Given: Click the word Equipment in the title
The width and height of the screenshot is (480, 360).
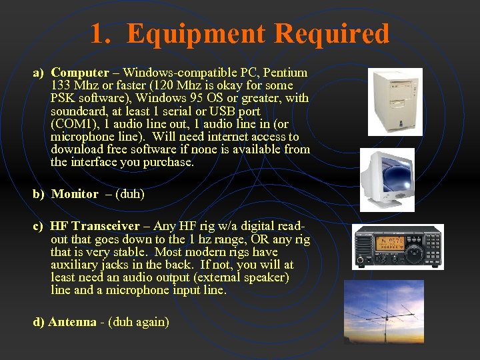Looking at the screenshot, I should [x=196, y=33].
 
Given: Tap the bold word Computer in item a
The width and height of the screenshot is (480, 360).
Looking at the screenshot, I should [x=79, y=73].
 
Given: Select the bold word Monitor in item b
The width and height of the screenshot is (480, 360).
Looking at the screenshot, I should [x=75, y=194].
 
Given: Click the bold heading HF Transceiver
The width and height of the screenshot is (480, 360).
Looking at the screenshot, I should [x=95, y=227].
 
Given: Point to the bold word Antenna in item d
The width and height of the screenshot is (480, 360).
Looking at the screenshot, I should [x=72, y=322].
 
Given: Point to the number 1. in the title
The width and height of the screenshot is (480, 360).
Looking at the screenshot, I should [x=101, y=33].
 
